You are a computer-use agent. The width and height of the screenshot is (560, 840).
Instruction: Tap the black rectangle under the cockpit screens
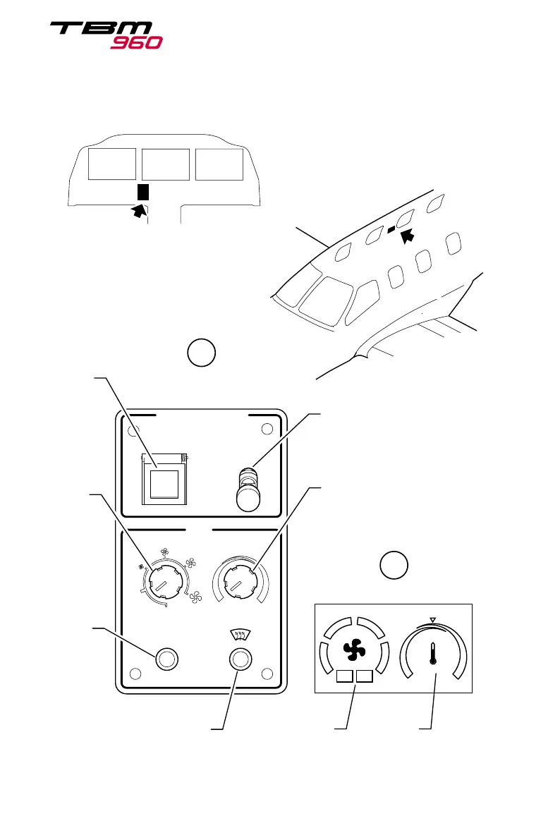click(143, 193)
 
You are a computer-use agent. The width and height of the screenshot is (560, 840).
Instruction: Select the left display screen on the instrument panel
click(113, 164)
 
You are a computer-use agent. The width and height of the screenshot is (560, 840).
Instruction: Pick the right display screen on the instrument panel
click(219, 164)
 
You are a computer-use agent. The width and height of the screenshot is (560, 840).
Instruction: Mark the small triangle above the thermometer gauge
click(434, 620)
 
